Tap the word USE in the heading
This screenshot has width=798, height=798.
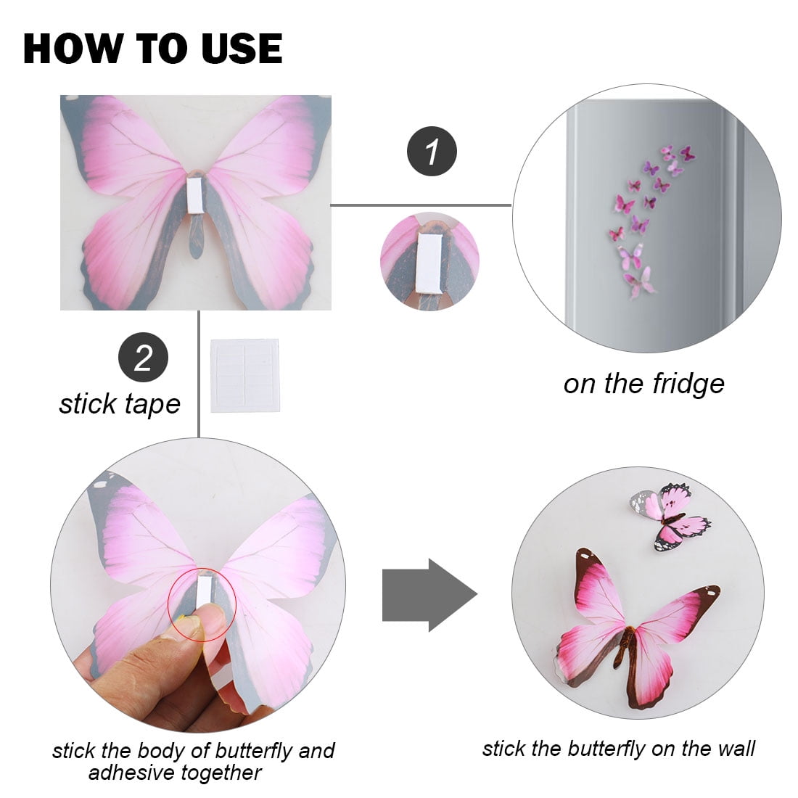(x=242, y=49)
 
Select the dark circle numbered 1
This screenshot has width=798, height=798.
(x=432, y=151)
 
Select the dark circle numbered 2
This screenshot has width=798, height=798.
(x=143, y=357)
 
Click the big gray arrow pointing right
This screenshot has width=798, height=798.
(x=429, y=595)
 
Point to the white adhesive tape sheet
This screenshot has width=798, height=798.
(x=245, y=375)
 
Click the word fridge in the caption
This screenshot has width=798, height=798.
(x=688, y=384)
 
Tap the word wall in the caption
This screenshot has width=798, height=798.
(x=736, y=749)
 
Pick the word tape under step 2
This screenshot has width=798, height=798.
(x=152, y=405)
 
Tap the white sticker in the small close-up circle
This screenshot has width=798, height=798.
(x=430, y=263)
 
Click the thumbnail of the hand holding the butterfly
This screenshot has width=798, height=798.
(x=198, y=585)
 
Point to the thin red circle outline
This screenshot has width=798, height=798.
(x=202, y=569)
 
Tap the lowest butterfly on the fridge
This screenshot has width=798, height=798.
(x=640, y=282)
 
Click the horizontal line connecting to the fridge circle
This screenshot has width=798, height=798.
(x=421, y=205)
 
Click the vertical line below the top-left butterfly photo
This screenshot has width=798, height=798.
(x=199, y=374)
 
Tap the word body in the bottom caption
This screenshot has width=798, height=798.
(x=157, y=751)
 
